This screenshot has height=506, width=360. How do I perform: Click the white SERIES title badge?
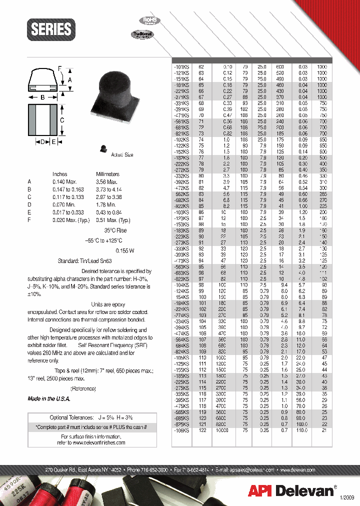[51, 29]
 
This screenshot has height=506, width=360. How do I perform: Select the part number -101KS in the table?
[181, 66]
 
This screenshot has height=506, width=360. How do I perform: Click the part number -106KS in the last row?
[181, 430]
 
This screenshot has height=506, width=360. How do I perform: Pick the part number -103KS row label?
[181, 212]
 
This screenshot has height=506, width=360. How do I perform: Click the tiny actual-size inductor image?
[103, 148]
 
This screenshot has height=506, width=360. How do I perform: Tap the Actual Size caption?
[122, 154]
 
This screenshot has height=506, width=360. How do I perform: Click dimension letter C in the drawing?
[62, 120]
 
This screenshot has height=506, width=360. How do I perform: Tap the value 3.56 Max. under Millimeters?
[106, 181]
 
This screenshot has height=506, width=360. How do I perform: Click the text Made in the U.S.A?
[49, 398]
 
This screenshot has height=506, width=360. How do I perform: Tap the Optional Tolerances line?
[91, 417]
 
